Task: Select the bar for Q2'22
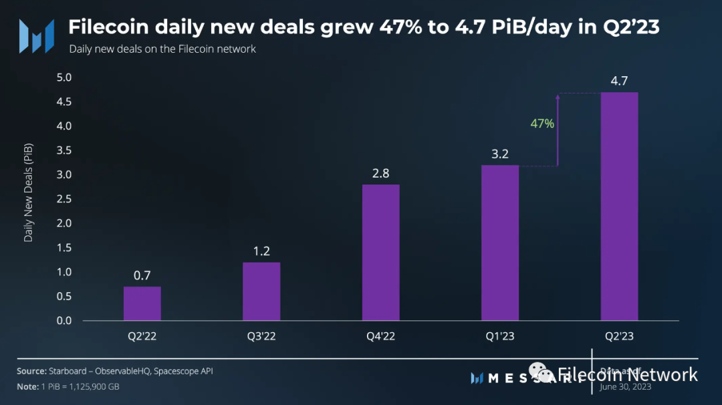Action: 142,303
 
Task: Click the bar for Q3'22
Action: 261,291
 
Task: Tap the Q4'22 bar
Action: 380,253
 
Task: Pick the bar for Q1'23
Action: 500,243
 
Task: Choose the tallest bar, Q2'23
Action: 619,207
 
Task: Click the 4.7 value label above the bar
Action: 619,81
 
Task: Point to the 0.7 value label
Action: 142,275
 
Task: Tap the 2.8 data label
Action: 380,173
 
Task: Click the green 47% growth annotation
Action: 542,123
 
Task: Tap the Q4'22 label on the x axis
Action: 380,336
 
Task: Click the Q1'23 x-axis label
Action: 500,336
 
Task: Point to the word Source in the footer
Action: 31,371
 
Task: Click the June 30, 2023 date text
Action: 626,387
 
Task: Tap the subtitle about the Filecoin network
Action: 162,49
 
